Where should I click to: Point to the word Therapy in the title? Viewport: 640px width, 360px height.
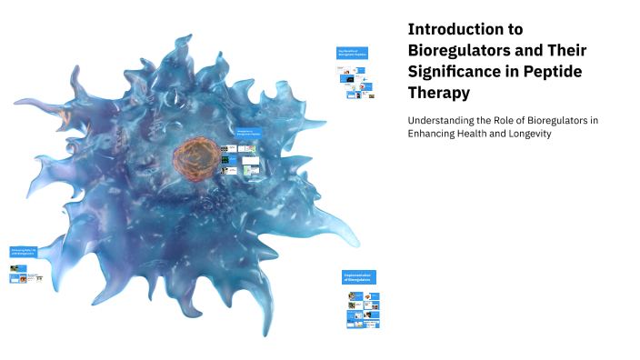(x=441, y=92)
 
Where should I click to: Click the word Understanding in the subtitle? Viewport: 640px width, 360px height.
(x=443, y=120)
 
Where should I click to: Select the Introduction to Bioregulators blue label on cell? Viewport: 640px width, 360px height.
(x=247, y=134)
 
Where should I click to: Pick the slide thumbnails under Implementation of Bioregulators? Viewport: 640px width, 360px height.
(x=362, y=310)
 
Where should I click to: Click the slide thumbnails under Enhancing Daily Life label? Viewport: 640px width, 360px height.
(x=27, y=275)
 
